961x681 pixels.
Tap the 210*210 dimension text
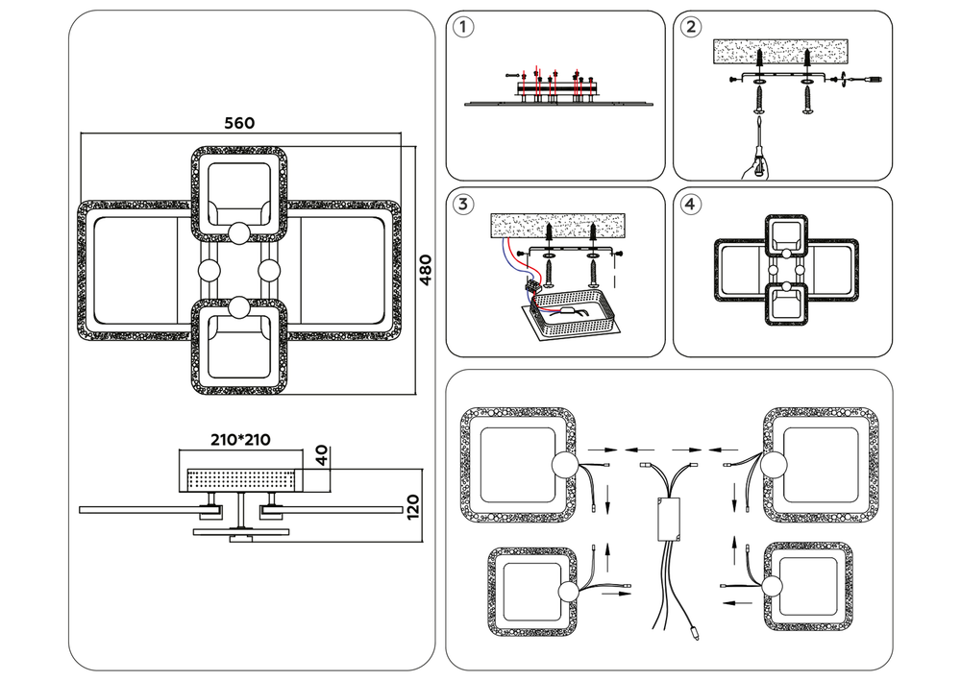click(x=240, y=440)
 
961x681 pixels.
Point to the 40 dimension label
click(x=322, y=454)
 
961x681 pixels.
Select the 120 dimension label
click(x=414, y=504)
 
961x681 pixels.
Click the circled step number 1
click(x=464, y=27)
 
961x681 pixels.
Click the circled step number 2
click(x=689, y=27)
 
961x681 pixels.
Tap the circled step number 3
click(x=464, y=204)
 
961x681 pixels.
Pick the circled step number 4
click(x=689, y=204)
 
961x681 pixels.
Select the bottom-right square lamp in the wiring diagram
click(x=807, y=587)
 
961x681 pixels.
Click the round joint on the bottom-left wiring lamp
click(x=571, y=592)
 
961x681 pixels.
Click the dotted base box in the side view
click(x=243, y=477)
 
